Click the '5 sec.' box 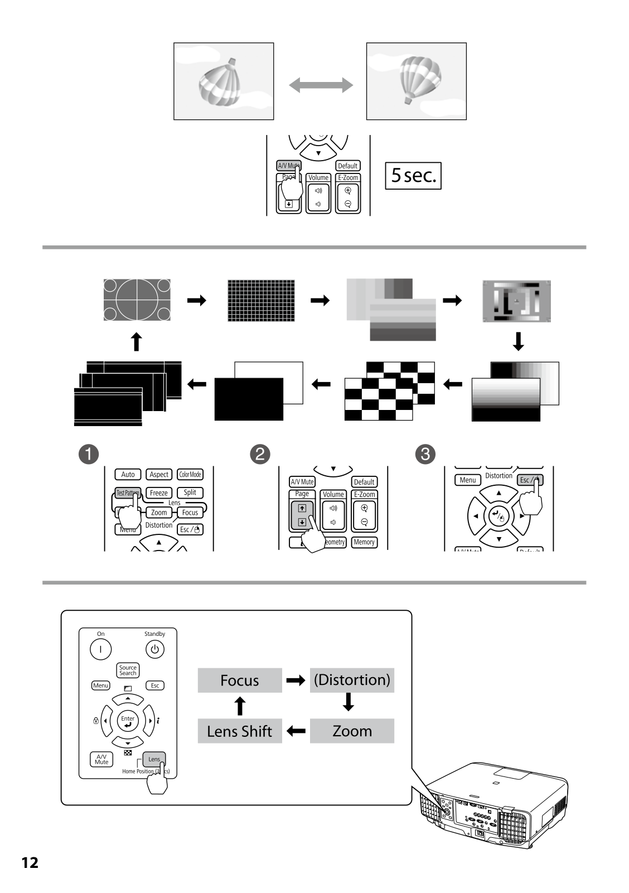[413, 176]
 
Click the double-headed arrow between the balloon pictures [321, 85]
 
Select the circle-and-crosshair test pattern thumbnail [137, 300]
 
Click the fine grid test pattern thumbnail [261, 301]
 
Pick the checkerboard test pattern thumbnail [389, 391]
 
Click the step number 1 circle [88, 454]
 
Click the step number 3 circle [425, 454]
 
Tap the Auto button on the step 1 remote [128, 475]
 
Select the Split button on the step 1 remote [190, 493]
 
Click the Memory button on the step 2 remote [364, 542]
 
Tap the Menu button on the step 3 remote [467, 480]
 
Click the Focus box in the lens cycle [240, 680]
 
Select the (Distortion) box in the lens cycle [352, 680]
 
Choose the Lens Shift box [240, 731]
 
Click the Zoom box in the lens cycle [352, 731]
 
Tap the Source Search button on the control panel [128, 670]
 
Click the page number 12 [30, 863]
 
